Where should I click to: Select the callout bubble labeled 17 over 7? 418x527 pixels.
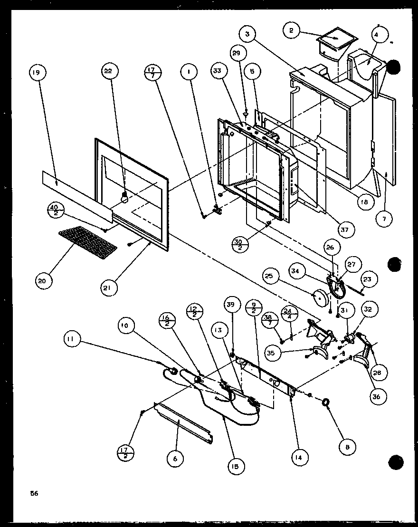(x=152, y=74)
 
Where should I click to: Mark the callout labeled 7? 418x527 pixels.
(x=383, y=219)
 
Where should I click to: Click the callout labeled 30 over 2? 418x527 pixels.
(x=239, y=245)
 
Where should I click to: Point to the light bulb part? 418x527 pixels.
(x=125, y=197)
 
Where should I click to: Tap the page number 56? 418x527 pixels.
(x=34, y=493)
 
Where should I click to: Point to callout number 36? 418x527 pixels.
(x=378, y=396)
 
